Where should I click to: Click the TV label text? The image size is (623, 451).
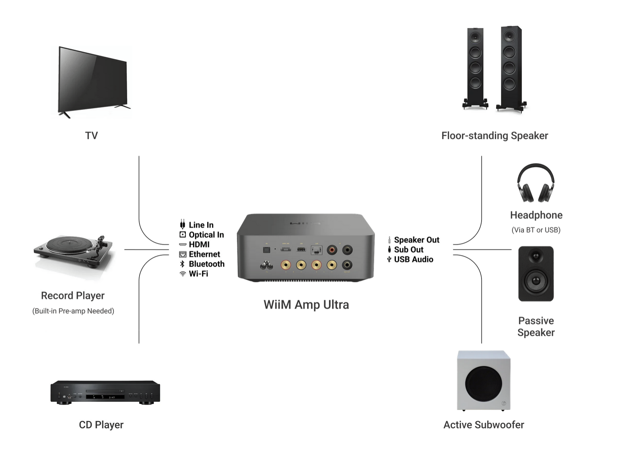(91, 136)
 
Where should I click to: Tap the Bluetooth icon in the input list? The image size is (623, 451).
(182, 264)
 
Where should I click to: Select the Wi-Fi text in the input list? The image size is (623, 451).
(198, 274)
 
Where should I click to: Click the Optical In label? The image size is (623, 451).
(206, 235)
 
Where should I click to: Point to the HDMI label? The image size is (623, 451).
(199, 245)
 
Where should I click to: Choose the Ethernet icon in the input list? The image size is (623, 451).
(183, 254)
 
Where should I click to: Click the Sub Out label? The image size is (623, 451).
(409, 249)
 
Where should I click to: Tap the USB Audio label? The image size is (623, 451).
(413, 259)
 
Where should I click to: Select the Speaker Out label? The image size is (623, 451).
(417, 240)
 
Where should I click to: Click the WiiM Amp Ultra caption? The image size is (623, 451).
(306, 305)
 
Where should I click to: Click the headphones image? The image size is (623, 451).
(535, 183)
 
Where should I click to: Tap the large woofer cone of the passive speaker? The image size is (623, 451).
(536, 281)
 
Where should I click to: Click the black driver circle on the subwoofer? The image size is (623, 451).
(483, 384)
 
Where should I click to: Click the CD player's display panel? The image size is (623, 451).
(105, 397)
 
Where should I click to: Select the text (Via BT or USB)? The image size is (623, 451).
(536, 230)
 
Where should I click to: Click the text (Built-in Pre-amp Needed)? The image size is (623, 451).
(73, 311)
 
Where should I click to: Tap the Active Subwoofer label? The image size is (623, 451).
(483, 425)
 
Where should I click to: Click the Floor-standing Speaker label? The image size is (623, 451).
(495, 136)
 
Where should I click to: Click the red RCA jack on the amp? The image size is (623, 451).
(332, 250)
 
